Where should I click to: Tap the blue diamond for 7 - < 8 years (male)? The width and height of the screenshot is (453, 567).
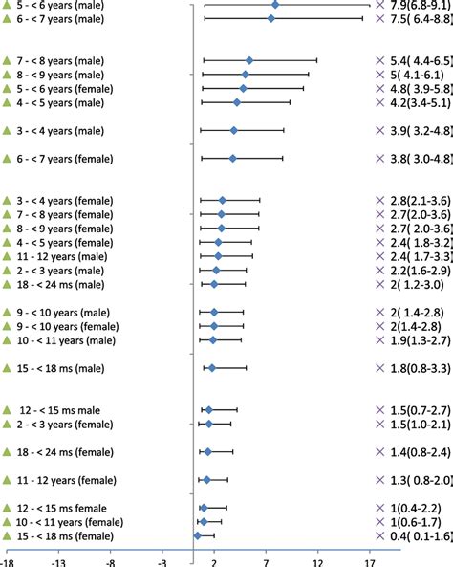coord(249,60)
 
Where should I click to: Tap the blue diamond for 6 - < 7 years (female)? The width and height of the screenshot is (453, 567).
coord(232,159)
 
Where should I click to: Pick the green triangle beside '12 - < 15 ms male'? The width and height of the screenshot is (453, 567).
coord(7,410)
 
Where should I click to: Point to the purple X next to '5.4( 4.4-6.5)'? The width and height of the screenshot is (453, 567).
coord(382,60)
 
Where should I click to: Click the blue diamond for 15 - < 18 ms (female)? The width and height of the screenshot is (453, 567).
coord(197,535)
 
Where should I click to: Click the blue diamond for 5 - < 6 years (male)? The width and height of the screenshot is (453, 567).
coord(276,5)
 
